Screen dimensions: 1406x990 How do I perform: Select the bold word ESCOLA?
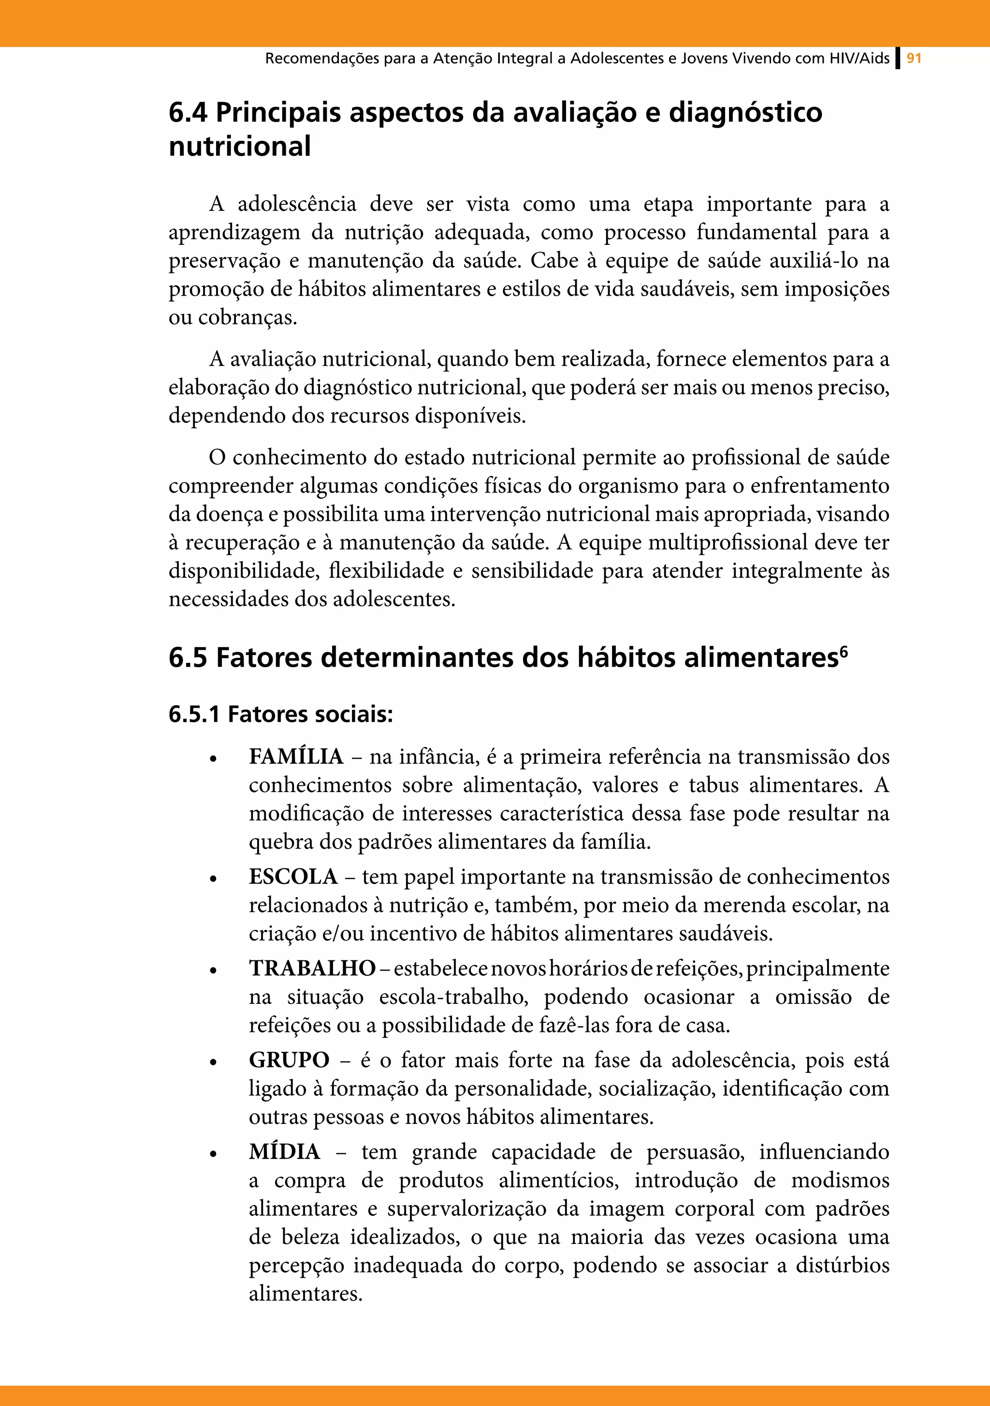[293, 876]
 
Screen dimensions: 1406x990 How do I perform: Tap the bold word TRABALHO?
[312, 968]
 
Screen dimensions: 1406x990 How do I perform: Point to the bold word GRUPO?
[289, 1060]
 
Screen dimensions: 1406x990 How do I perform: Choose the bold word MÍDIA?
[285, 1152]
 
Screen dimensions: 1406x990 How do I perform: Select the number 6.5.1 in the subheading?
[194, 714]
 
